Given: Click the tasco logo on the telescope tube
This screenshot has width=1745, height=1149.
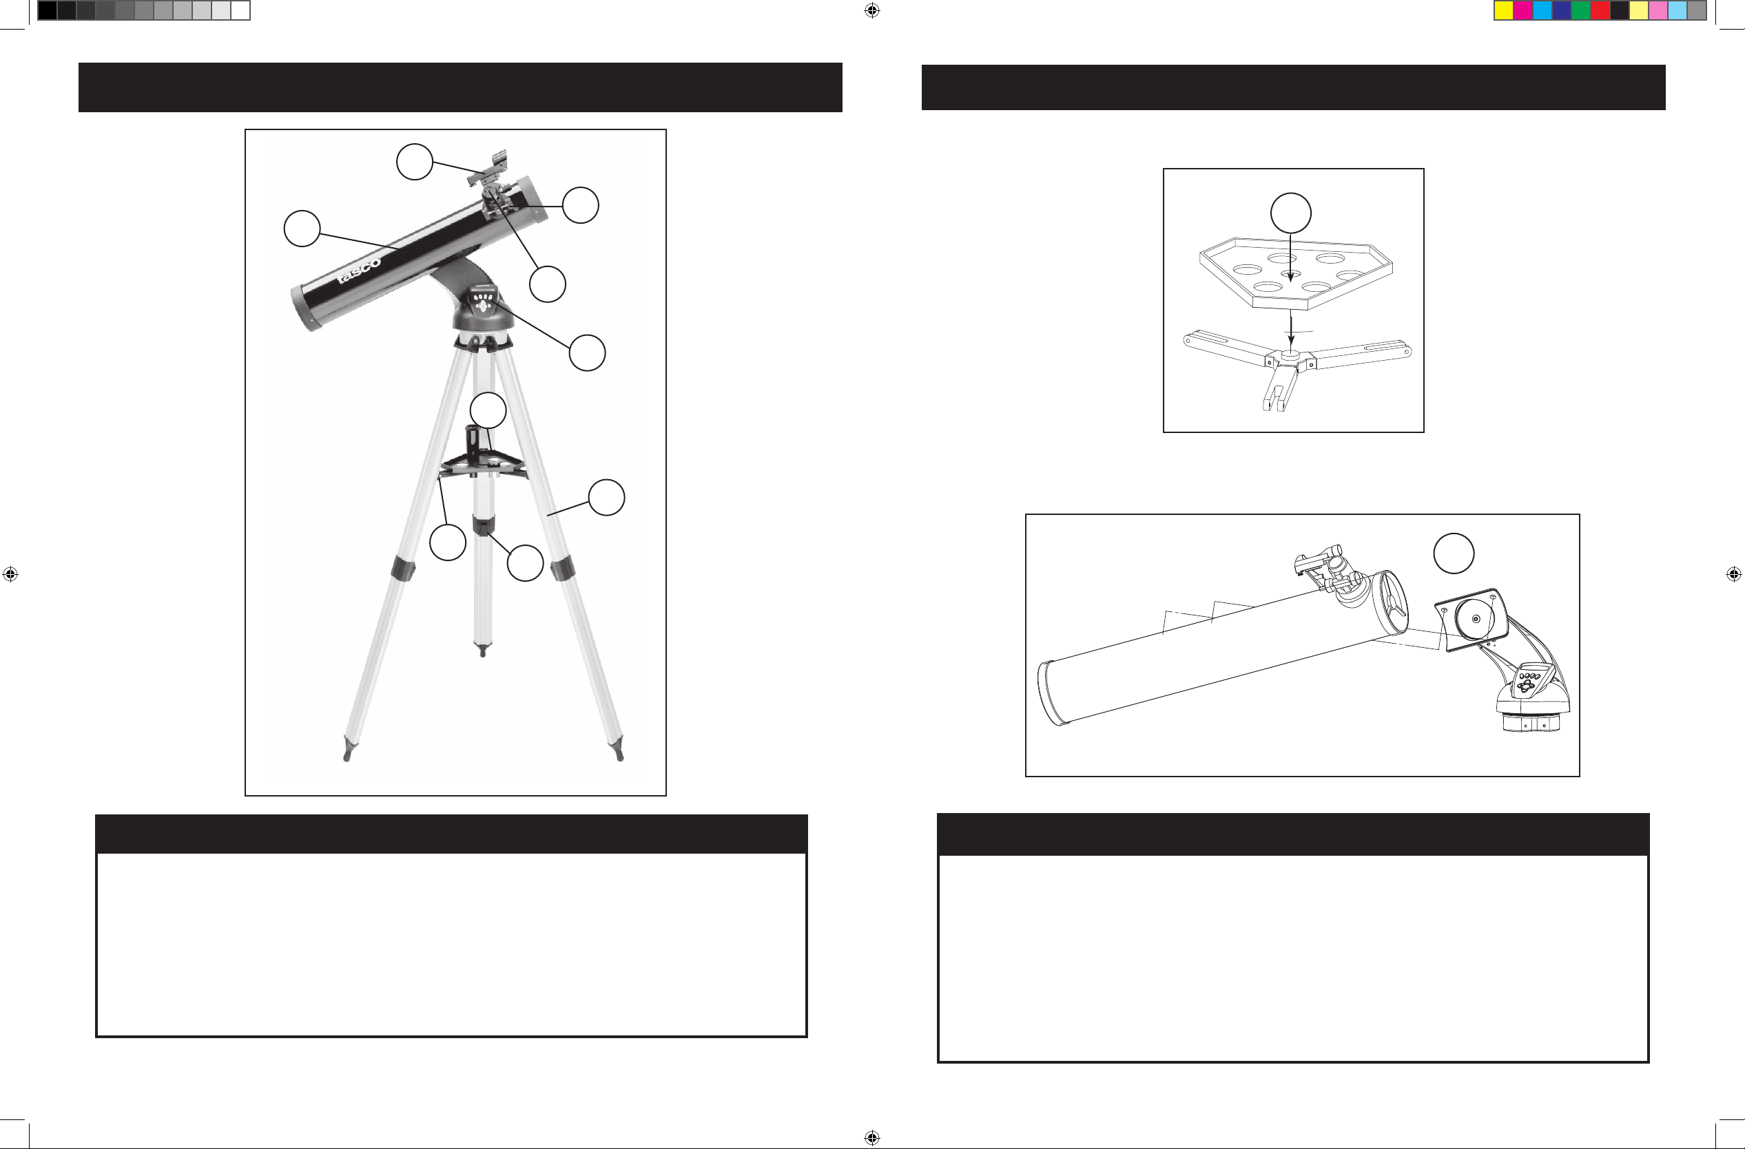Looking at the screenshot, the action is click(x=360, y=270).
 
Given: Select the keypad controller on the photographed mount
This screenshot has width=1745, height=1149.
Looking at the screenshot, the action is click(x=484, y=303).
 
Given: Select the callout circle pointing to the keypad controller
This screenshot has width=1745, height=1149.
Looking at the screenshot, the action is click(x=587, y=353).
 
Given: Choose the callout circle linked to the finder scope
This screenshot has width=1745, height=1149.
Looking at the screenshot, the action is click(x=414, y=161).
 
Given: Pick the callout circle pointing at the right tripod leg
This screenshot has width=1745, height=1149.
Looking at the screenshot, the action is click(x=606, y=498).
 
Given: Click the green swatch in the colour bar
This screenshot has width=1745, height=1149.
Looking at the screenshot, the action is click(x=1581, y=10).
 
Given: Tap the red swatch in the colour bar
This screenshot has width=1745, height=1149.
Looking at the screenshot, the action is click(x=1600, y=10).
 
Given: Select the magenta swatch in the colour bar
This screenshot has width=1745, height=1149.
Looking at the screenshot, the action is click(x=1523, y=10).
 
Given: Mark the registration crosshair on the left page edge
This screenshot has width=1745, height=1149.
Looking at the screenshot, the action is click(x=10, y=573).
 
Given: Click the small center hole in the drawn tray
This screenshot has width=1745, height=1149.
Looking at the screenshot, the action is click(x=1290, y=274).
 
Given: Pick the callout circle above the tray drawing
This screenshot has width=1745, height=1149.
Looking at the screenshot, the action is click(x=1290, y=213).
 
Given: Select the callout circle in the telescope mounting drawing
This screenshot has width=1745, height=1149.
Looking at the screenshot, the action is click(x=1454, y=554).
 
